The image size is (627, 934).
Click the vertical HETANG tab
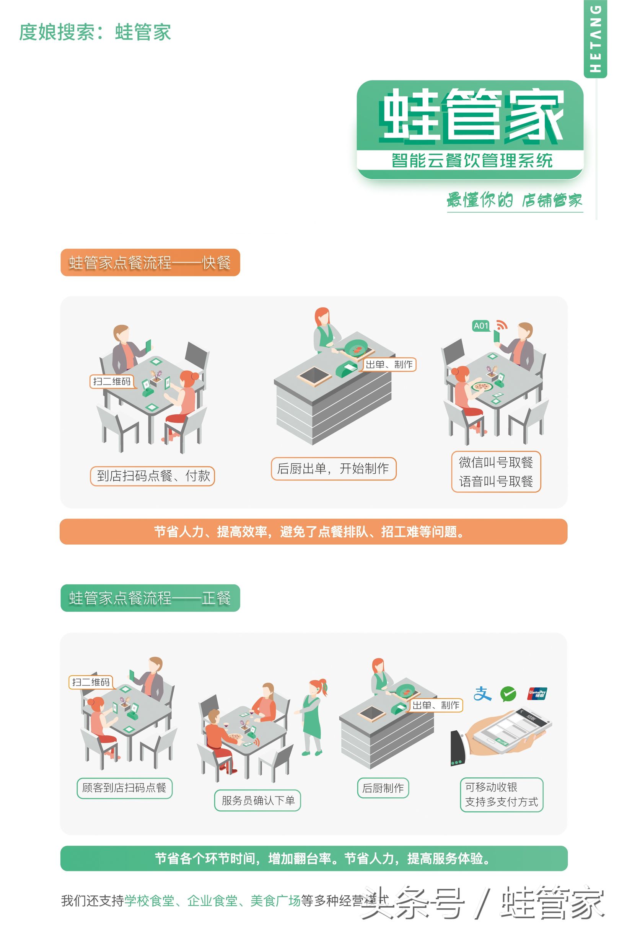pyautogui.click(x=595, y=39)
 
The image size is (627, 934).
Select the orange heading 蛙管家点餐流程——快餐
pyautogui.click(x=150, y=263)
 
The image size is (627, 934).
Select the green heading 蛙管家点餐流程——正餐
pyautogui.click(x=150, y=598)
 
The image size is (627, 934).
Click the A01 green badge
pyautogui.click(x=480, y=326)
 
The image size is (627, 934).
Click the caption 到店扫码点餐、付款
pyautogui.click(x=152, y=476)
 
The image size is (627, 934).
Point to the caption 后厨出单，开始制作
pyautogui.click(x=333, y=468)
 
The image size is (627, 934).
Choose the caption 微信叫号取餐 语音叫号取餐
pyautogui.click(x=496, y=471)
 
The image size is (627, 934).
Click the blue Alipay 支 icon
pyautogui.click(x=482, y=694)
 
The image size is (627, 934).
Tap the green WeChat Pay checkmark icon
pyautogui.click(x=508, y=694)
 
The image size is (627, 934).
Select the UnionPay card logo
pyautogui.click(x=537, y=693)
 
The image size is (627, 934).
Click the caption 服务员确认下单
pyautogui.click(x=257, y=800)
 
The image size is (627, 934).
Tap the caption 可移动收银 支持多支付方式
pyautogui.click(x=501, y=794)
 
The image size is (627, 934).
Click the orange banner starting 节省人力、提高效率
pyautogui.click(x=314, y=532)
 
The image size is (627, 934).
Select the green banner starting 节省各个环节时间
pyautogui.click(x=314, y=858)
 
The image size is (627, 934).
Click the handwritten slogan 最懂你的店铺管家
pyautogui.click(x=514, y=200)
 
